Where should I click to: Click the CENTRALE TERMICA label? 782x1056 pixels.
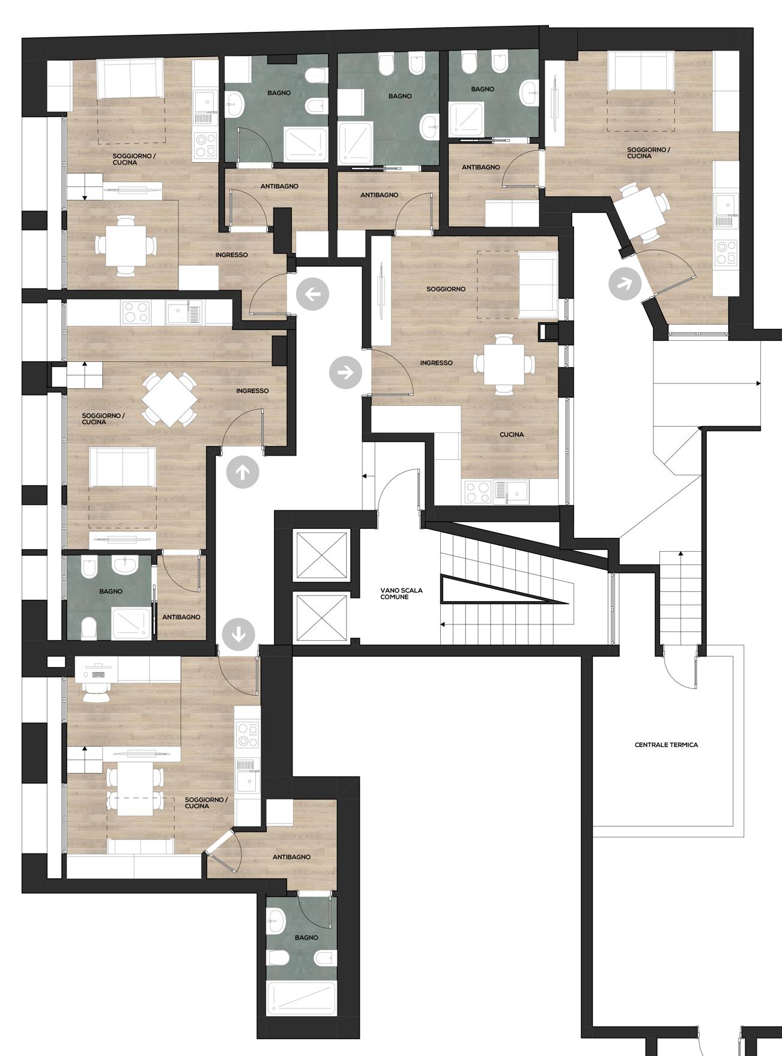(666, 745)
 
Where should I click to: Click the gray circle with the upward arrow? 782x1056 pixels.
(243, 472)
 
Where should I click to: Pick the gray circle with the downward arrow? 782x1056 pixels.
(238, 634)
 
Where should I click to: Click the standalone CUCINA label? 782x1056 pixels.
(512, 435)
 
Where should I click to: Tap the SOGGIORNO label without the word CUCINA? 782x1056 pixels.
(446, 289)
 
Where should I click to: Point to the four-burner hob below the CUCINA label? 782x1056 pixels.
(479, 493)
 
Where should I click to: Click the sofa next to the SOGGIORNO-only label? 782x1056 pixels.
(538, 284)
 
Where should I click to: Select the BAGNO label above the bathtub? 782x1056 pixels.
(306, 938)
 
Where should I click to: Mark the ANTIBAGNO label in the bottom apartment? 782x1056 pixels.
(291, 857)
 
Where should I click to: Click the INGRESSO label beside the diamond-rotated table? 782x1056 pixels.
(252, 391)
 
